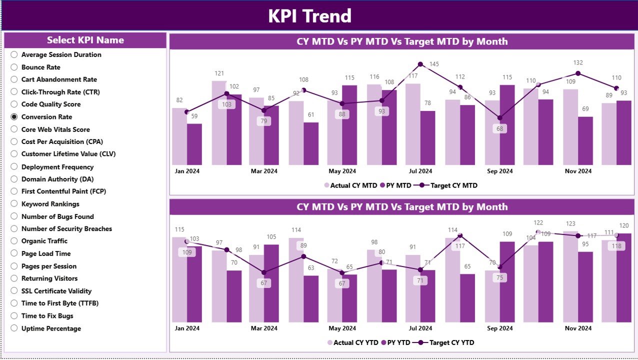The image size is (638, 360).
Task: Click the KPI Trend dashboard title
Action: click(309, 16)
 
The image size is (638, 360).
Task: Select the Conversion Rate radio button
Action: click(14, 116)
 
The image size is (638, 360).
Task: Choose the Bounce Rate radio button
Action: click(14, 67)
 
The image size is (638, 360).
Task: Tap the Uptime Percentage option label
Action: click(51, 328)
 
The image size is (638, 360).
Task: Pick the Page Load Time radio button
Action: click(14, 253)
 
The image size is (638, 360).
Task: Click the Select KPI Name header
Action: click(85, 40)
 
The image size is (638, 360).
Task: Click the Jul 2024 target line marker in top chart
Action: click(420, 64)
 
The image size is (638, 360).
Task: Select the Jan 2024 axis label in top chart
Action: click(186, 171)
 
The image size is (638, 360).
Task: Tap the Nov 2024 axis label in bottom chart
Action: click(578, 328)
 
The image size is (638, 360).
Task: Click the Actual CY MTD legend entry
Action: click(351, 185)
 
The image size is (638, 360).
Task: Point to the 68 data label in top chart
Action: click(499, 128)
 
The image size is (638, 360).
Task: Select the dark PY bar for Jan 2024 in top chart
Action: click(194, 144)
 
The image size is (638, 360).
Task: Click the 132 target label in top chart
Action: click(578, 62)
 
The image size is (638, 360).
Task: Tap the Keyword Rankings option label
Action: click(50, 204)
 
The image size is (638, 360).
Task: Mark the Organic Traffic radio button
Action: click(14, 241)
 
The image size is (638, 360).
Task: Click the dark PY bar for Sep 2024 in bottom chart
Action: click(507, 281)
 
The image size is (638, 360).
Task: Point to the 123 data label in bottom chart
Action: click(570, 224)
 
